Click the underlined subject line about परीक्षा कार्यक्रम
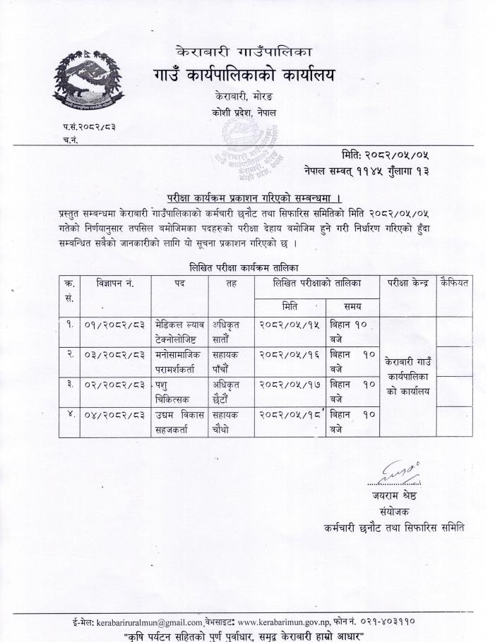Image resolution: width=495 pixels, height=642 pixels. coord(245,197)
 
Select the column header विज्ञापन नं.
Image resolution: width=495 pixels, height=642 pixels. coord(115,284)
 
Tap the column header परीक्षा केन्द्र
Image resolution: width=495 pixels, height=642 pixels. coord(407,284)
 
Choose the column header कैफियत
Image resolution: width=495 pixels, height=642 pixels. coord(455,283)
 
